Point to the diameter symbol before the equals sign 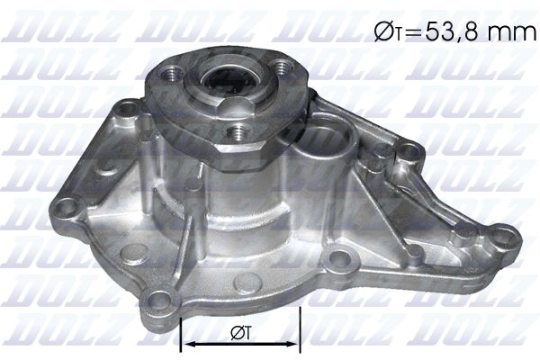(x=380, y=33)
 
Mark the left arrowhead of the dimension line (x=187, y=344)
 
